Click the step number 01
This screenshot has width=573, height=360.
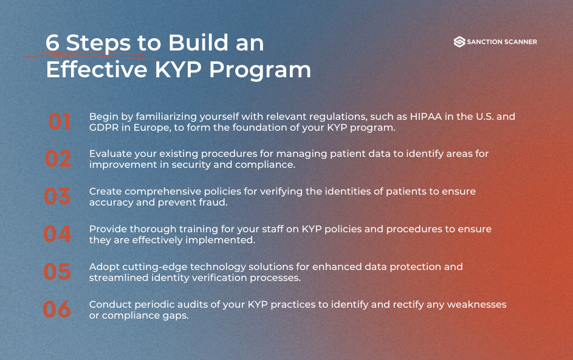(x=60, y=122)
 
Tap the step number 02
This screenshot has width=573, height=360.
(x=58, y=159)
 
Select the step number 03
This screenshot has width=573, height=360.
(x=58, y=196)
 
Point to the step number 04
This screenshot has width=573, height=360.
(x=58, y=234)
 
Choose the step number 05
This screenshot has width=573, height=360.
(x=58, y=272)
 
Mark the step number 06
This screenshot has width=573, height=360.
(x=57, y=310)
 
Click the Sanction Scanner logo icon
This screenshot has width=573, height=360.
(x=459, y=42)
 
